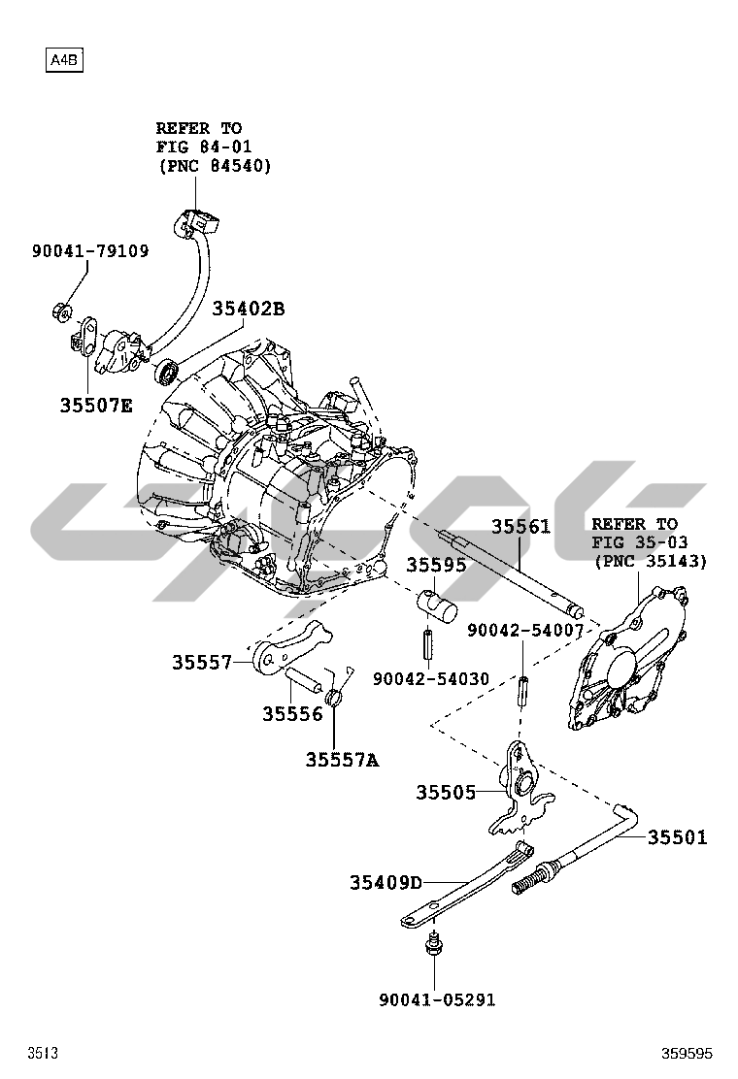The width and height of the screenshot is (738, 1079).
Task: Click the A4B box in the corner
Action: point(64,61)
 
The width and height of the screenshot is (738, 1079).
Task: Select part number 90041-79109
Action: point(90,251)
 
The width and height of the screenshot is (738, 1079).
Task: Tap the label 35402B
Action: point(249,309)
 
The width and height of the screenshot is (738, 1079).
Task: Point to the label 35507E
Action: point(95,406)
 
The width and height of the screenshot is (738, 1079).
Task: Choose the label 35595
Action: point(436,565)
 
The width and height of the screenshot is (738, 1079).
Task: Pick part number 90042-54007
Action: point(525,630)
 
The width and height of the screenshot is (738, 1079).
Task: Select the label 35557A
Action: point(342,760)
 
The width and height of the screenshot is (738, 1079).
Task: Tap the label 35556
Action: point(291,714)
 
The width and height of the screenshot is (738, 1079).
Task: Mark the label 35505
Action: point(446,793)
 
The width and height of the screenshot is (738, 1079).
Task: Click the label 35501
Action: point(678,837)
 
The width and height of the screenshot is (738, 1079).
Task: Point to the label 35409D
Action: point(386,882)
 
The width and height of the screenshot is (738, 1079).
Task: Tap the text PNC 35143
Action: point(650,562)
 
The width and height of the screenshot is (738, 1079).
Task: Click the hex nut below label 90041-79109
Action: point(58,312)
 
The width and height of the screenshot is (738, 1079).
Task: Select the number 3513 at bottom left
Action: point(42,1053)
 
